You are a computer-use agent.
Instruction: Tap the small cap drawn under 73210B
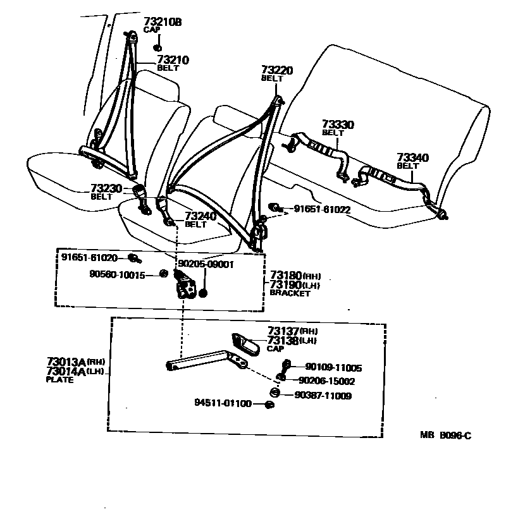(x=157, y=47)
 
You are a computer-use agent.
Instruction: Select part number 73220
(x=277, y=70)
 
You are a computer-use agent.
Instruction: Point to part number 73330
(x=338, y=125)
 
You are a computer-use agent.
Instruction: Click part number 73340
(x=412, y=157)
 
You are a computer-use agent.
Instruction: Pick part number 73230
(x=106, y=188)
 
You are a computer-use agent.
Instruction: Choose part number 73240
(x=201, y=216)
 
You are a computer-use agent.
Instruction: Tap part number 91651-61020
(x=90, y=257)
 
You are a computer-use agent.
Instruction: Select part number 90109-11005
(x=334, y=367)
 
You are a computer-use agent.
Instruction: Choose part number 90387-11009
(x=323, y=396)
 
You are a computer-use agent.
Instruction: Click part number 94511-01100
(x=223, y=403)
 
